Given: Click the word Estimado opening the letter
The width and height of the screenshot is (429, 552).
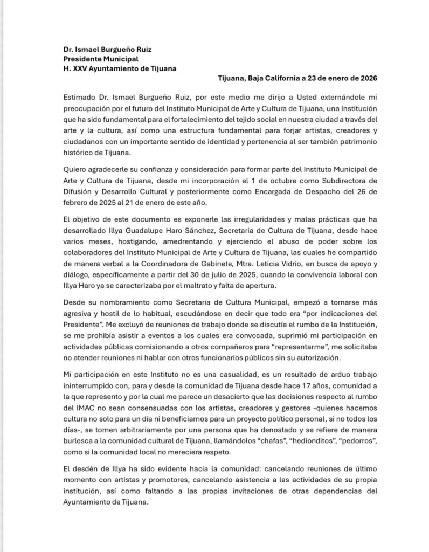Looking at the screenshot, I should tap(95, 99).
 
